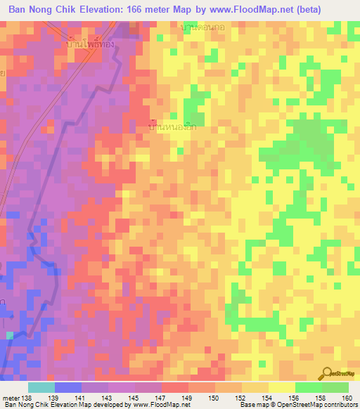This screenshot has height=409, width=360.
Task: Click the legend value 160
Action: coord(345,397)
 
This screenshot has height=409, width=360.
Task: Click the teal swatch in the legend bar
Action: coord(41,387)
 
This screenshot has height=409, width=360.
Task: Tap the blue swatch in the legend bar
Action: coord(68,387)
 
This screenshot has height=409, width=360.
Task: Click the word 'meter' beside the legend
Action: coord(11,397)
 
